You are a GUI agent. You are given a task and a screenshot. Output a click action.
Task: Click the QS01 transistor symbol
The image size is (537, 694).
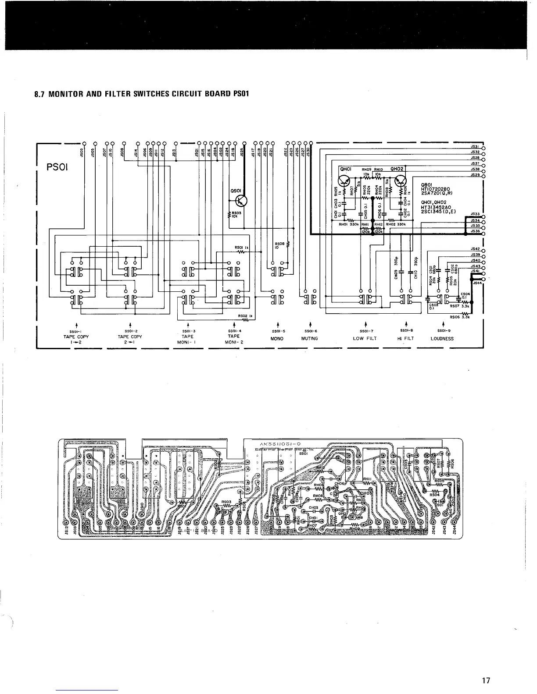[x=241, y=201]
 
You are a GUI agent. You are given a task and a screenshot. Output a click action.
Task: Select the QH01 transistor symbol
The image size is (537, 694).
[x=346, y=181]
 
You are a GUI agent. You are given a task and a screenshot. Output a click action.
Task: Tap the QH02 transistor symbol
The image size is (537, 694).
[x=400, y=181]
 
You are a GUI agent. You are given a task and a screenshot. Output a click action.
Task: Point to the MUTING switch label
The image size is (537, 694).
[x=309, y=338]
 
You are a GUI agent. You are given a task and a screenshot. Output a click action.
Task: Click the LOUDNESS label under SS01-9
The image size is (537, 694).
[x=442, y=338]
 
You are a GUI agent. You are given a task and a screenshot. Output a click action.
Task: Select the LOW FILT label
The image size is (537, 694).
[x=365, y=338]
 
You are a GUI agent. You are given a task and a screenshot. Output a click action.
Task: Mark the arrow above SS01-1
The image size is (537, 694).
[x=77, y=325]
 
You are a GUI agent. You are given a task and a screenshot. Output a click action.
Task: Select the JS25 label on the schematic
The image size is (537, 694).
[x=241, y=152]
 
